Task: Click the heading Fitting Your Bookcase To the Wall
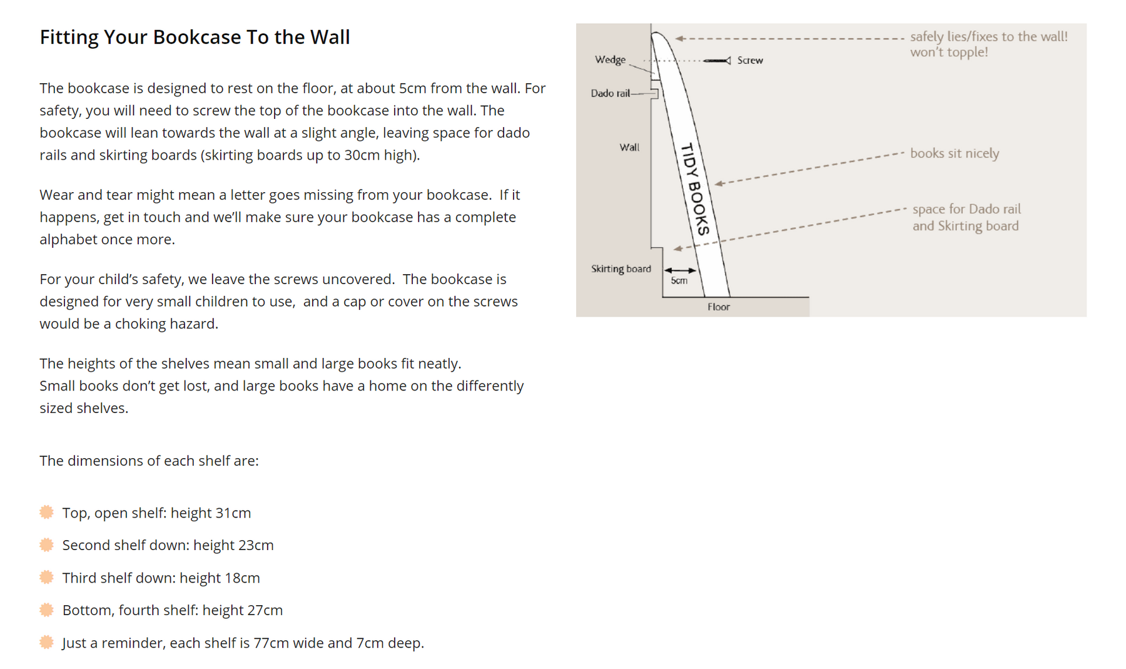(x=195, y=37)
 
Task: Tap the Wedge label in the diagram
(x=610, y=59)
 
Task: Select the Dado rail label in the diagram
(x=611, y=93)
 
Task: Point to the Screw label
(x=750, y=60)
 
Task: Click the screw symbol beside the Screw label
(x=717, y=61)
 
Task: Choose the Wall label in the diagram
(x=629, y=147)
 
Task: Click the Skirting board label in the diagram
(x=621, y=268)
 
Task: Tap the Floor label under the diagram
(x=719, y=307)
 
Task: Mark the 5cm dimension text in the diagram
(x=679, y=280)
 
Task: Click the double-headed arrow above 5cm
(x=680, y=270)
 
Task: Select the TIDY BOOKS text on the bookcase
(x=696, y=189)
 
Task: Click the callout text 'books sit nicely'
(x=955, y=153)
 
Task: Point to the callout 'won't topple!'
(x=949, y=52)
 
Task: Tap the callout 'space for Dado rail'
(x=966, y=209)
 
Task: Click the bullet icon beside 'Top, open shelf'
(x=46, y=513)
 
